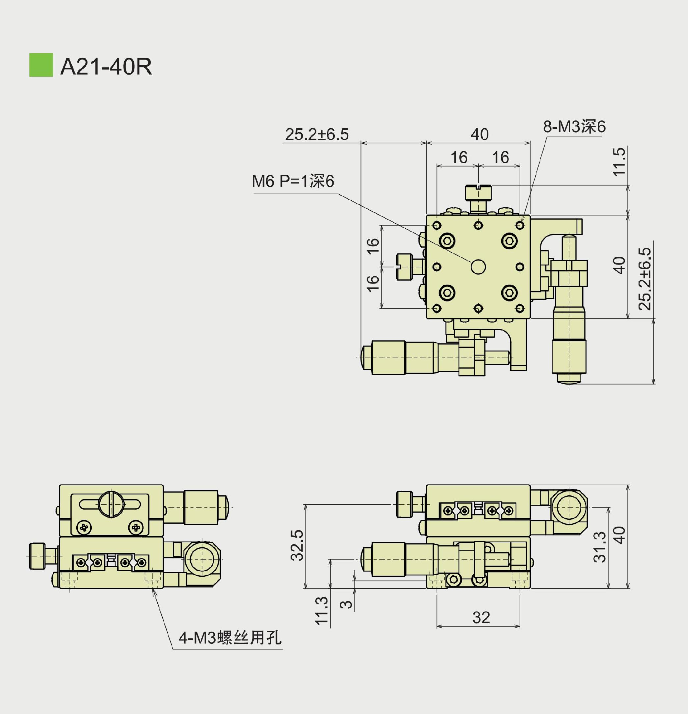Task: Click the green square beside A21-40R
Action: click(41, 65)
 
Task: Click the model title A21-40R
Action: click(106, 66)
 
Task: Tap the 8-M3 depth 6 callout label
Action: click(574, 127)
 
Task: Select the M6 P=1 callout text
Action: click(293, 181)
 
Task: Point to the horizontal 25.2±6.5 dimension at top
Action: click(316, 134)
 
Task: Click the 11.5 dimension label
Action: click(619, 162)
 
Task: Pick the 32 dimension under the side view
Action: click(481, 618)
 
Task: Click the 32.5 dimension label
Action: click(297, 545)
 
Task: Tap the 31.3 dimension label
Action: click(599, 547)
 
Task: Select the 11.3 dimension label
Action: click(322, 611)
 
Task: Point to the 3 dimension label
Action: click(346, 604)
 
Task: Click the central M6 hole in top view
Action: click(478, 267)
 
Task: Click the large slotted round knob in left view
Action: click(111, 504)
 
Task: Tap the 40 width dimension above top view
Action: click(479, 134)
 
